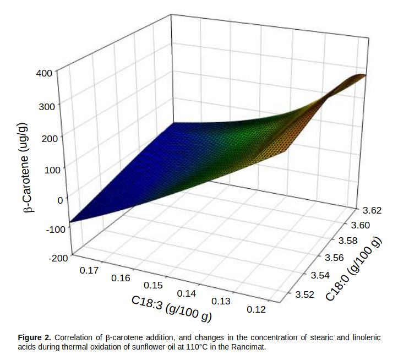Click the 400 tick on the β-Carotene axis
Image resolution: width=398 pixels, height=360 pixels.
45,72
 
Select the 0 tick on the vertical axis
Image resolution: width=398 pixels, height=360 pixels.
59,200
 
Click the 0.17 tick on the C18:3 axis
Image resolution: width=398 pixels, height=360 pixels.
89,270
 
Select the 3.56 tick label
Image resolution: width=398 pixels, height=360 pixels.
334,257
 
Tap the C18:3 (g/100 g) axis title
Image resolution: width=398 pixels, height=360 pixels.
171,310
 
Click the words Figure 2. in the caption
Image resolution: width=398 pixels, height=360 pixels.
35,336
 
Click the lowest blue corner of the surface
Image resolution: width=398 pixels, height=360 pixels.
70,222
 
